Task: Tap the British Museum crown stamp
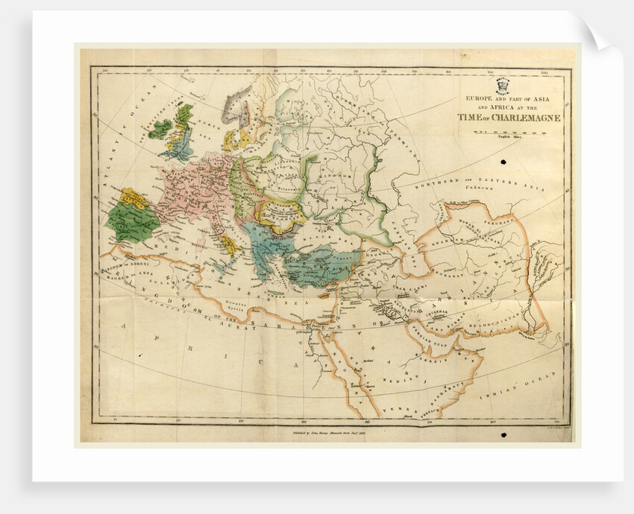point(497,86)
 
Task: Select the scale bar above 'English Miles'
point(510,132)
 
